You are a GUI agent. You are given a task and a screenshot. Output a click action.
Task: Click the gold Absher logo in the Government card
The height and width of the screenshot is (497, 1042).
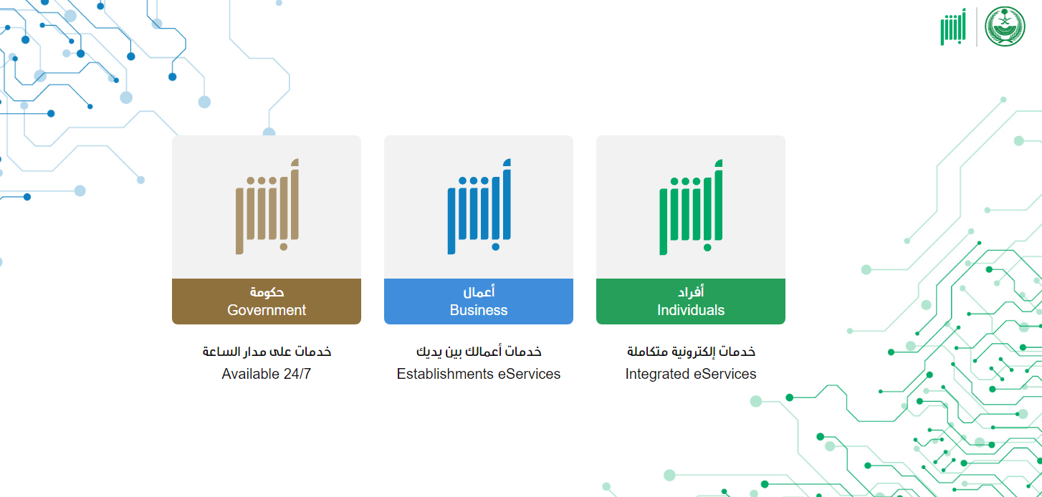267,206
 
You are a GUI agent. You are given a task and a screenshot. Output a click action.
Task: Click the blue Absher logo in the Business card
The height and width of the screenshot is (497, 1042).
479,206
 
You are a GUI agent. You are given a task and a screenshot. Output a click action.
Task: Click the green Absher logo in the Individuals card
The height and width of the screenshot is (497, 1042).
691,207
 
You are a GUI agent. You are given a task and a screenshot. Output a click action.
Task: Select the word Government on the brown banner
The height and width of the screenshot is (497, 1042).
267,310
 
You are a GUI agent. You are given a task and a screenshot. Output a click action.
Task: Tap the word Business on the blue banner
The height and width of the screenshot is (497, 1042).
479,310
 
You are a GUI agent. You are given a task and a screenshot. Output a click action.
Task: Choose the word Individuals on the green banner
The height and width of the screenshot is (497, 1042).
691,310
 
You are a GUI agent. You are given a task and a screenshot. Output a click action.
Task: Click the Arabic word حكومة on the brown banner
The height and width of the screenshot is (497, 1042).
267,292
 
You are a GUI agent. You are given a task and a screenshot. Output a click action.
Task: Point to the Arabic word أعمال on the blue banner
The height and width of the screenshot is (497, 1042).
479,292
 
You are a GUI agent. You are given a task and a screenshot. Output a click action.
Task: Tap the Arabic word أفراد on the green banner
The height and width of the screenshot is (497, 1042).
691,292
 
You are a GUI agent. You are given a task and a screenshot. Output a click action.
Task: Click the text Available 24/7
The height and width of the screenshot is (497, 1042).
267,374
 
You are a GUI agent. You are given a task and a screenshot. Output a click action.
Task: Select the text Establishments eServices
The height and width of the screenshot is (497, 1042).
479,374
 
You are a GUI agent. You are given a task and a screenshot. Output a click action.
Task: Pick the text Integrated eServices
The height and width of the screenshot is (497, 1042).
691,374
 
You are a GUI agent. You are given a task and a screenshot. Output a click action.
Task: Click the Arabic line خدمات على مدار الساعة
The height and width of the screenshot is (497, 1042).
267,352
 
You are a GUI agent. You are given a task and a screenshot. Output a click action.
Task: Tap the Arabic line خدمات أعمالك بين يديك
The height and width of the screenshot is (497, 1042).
479,352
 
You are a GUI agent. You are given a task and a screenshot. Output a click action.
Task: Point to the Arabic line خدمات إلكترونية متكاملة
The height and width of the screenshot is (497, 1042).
691,352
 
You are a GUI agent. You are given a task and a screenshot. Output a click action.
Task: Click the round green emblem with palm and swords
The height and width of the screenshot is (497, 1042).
1005,26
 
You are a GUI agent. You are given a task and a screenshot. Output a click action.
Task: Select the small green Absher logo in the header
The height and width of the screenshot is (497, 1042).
953,27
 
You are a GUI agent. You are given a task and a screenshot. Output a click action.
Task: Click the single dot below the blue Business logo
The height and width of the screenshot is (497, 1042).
496,247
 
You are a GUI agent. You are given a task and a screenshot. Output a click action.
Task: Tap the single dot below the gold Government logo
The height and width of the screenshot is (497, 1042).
284,247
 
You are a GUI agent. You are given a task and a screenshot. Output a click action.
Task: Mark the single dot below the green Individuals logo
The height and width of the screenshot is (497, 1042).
707,247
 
